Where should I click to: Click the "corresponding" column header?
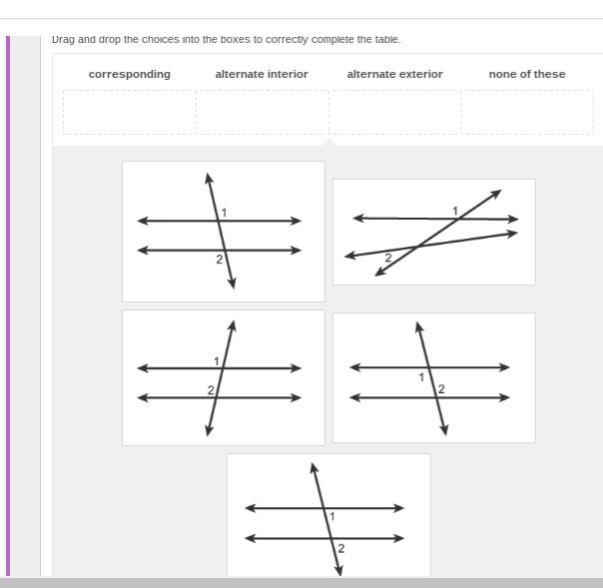click(130, 74)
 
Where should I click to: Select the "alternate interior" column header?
click(262, 74)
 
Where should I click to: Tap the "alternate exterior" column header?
click(394, 74)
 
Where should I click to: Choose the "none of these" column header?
click(527, 74)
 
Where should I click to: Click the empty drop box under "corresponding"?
click(130, 112)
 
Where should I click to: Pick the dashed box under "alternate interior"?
click(263, 112)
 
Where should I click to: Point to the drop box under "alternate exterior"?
click(395, 112)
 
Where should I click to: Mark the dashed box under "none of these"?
click(527, 112)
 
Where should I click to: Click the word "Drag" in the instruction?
click(63, 40)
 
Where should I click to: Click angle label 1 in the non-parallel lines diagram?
click(455, 211)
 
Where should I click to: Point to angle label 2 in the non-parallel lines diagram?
click(388, 258)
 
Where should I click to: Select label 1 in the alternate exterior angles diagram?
click(224, 213)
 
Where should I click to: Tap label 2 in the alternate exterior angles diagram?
click(220, 260)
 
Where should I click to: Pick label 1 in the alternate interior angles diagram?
click(421, 377)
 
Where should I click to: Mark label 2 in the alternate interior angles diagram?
click(441, 389)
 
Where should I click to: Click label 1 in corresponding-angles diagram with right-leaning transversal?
click(217, 361)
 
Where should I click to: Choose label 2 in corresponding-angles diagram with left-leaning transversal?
click(341, 548)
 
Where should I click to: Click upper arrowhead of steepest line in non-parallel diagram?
click(498, 192)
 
